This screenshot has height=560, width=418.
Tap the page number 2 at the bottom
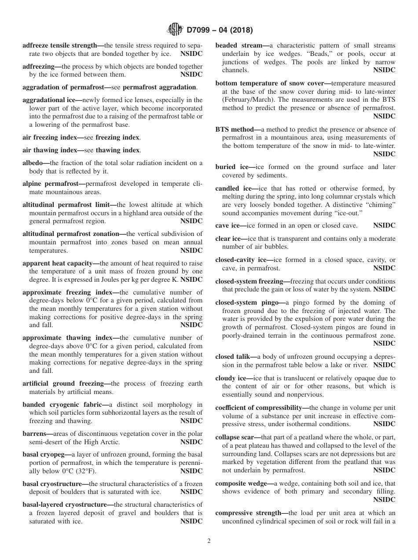pos(209,541)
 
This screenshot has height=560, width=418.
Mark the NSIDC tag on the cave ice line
pos(384,225)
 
